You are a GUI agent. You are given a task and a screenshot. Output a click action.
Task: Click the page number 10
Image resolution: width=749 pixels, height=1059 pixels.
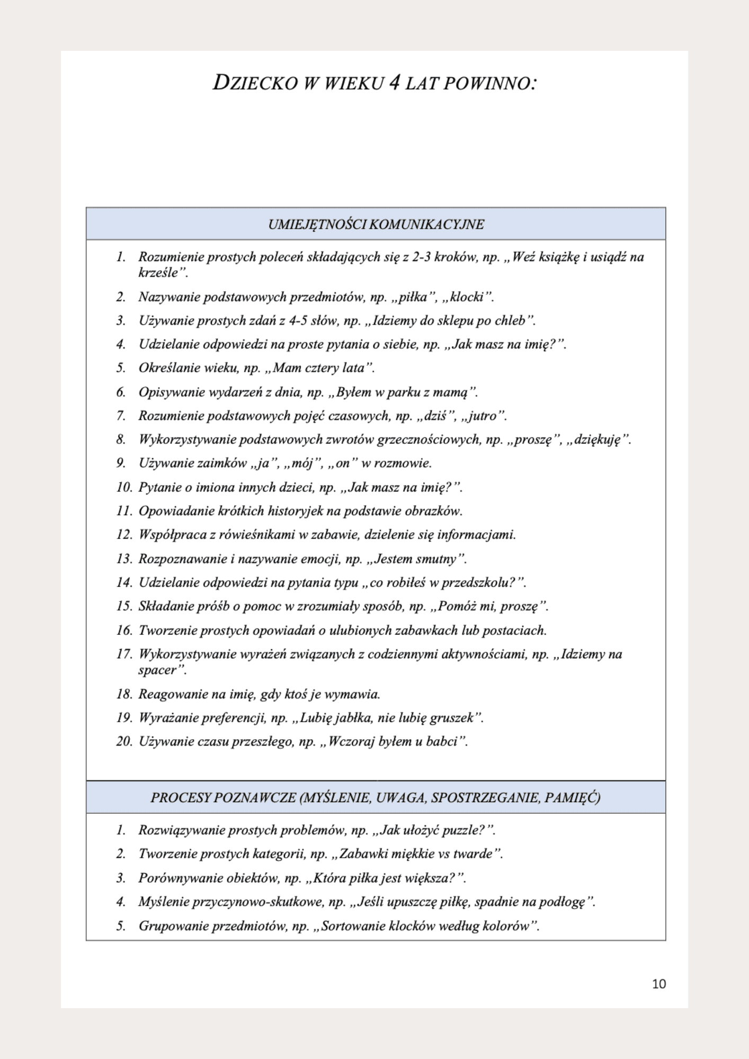659,984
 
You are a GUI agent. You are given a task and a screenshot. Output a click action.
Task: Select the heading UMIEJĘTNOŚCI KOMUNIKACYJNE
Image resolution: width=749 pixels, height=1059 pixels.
376,225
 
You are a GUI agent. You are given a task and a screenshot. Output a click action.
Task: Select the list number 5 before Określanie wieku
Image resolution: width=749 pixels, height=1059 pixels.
121,368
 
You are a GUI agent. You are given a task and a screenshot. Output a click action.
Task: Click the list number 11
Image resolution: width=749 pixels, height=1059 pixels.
123,511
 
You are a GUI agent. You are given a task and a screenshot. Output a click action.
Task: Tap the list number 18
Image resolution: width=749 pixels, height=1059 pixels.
123,694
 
